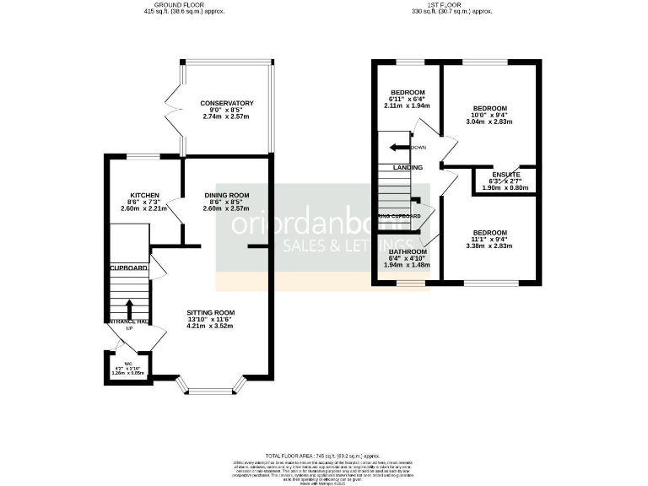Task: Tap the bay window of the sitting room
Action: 213,388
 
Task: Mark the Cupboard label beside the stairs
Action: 128,268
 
